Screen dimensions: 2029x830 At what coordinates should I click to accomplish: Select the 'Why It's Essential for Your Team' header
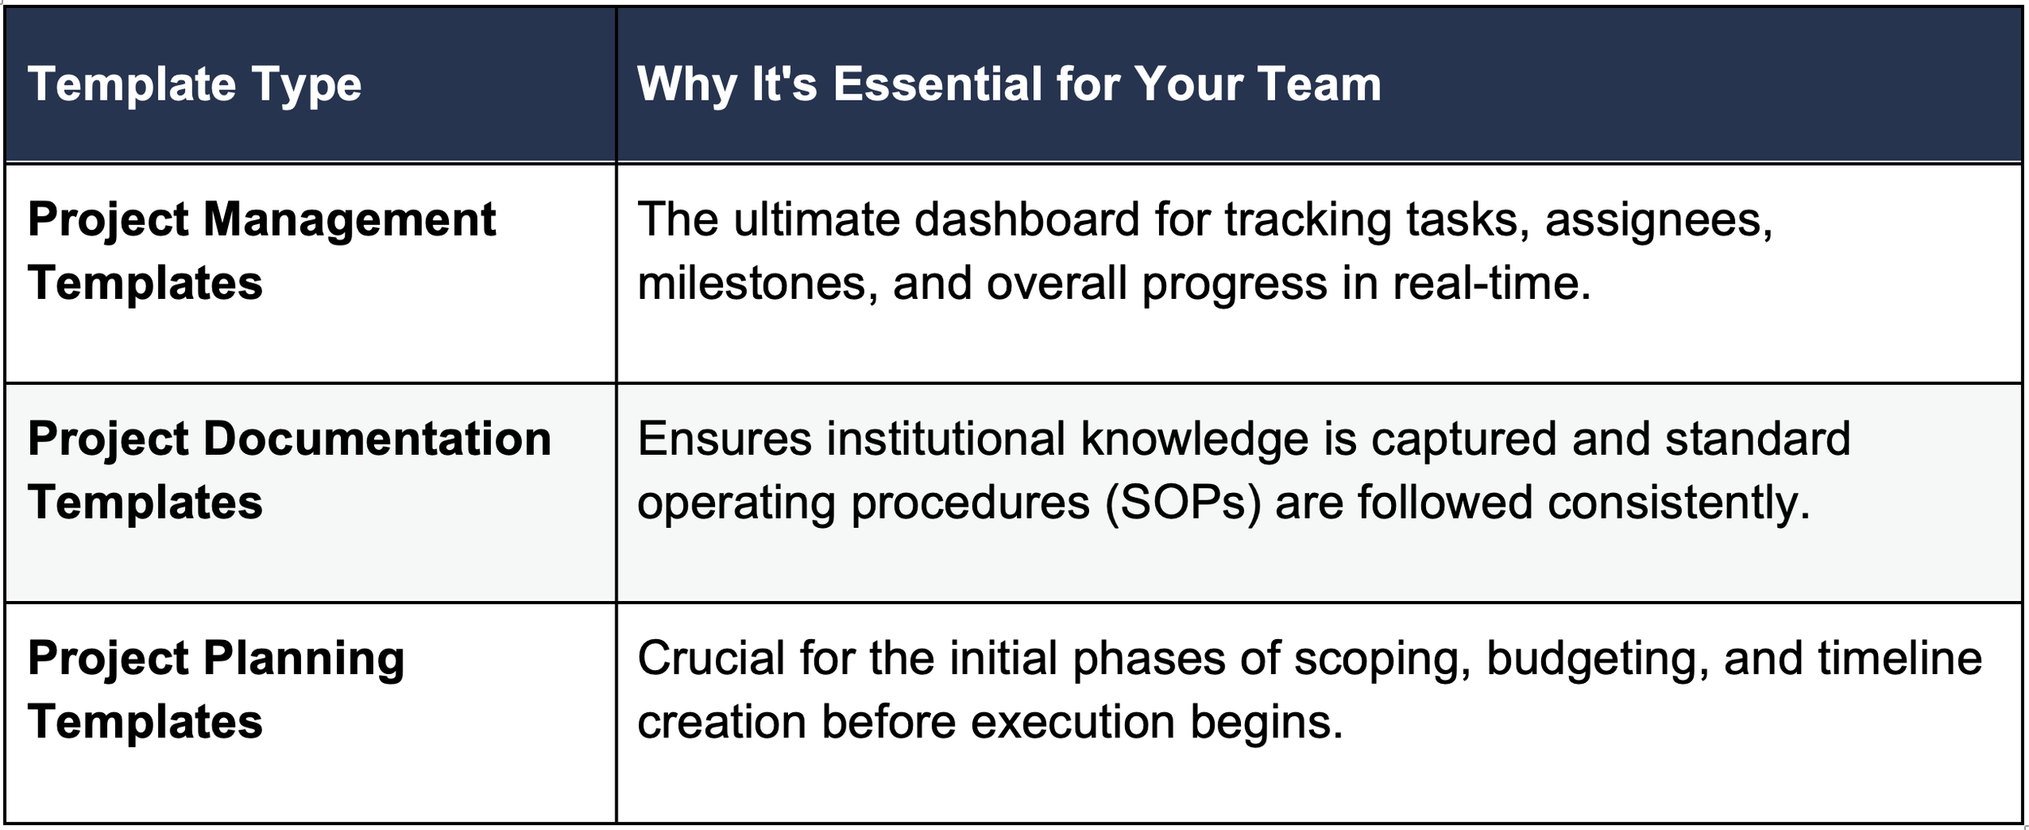pyautogui.click(x=1009, y=84)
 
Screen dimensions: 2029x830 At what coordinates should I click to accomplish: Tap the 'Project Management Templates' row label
pyautogui.click(x=261, y=251)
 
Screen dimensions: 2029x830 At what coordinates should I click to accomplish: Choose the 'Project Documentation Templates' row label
pyautogui.click(x=290, y=470)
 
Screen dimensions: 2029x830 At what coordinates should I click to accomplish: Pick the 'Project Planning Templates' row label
pyautogui.click(x=216, y=690)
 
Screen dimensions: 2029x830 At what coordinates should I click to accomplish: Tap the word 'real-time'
pyautogui.click(x=1492, y=283)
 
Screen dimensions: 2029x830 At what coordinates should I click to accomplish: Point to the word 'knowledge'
pyautogui.click(x=1195, y=441)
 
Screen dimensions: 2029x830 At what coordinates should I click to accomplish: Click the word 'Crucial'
pyautogui.click(x=711, y=658)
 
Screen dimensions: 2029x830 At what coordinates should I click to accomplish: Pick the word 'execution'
pyautogui.click(x=1073, y=722)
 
